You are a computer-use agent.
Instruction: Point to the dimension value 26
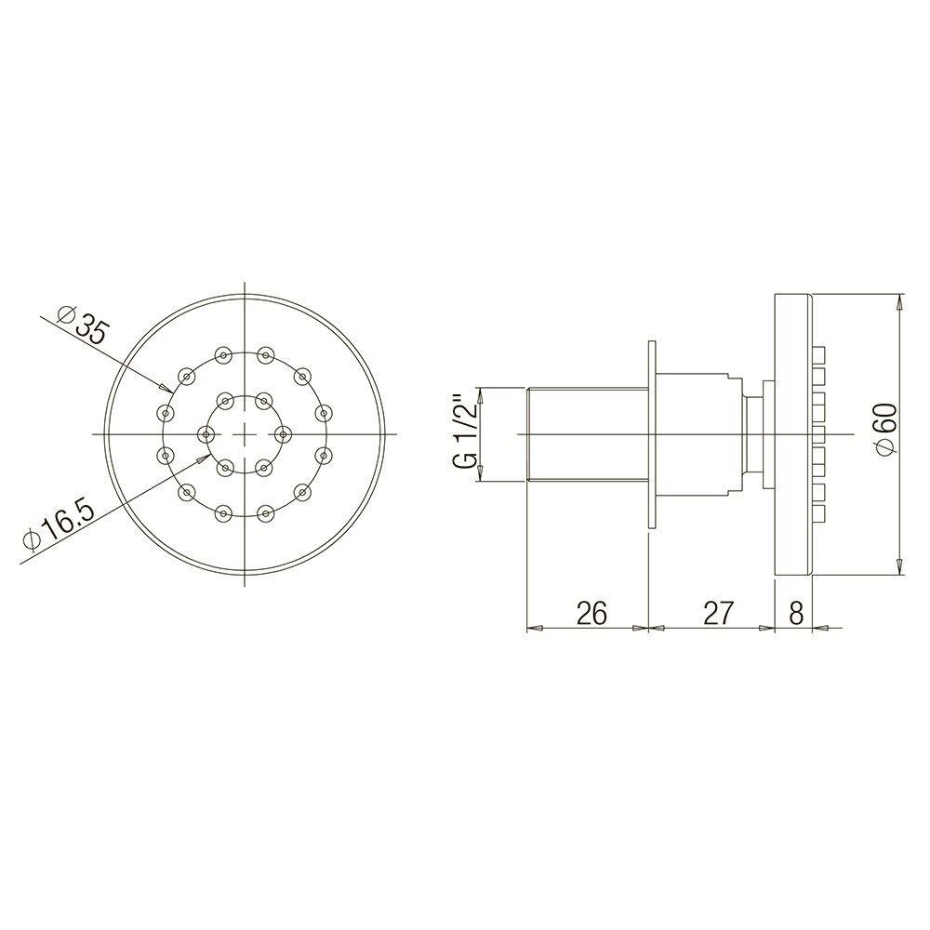tap(591, 613)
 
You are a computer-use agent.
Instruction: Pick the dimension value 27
tap(718, 613)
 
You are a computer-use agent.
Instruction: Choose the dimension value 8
tap(797, 613)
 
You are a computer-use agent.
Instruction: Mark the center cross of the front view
tap(244, 434)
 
